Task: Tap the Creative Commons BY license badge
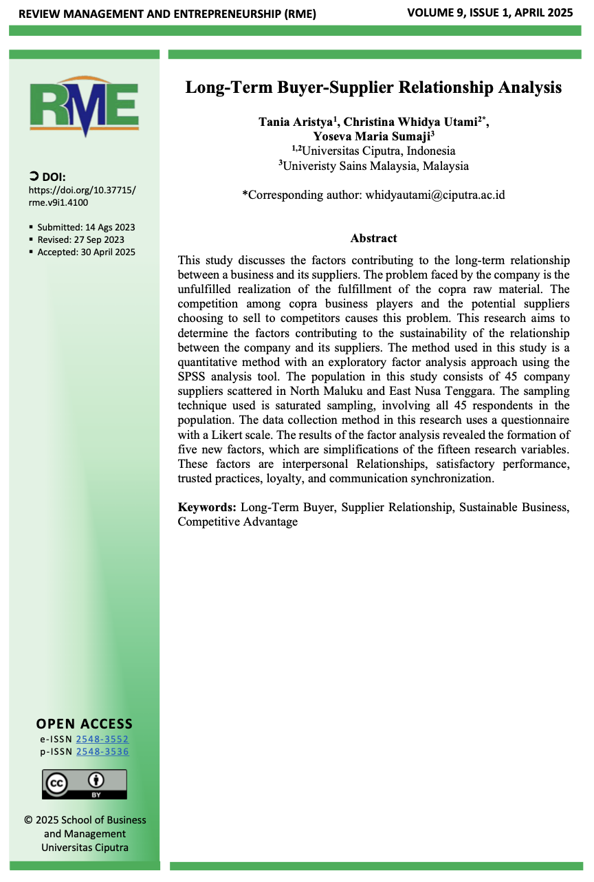pyautogui.click(x=85, y=784)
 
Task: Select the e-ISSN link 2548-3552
pyautogui.click(x=102, y=739)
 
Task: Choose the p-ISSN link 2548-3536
pyautogui.click(x=102, y=751)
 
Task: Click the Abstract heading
pyautogui.click(x=373, y=238)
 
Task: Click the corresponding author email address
pyautogui.click(x=434, y=195)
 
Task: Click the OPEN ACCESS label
pyautogui.click(x=85, y=724)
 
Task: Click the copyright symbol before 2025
pyautogui.click(x=28, y=820)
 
